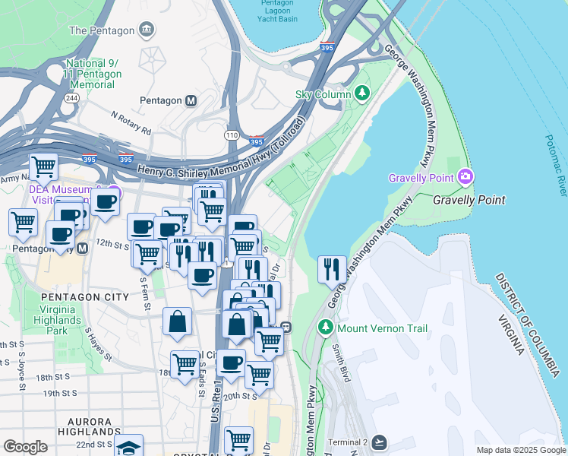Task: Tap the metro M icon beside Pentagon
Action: [191, 100]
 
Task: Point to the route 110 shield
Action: [232, 135]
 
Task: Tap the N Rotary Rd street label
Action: [131, 123]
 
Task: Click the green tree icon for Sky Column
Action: [363, 94]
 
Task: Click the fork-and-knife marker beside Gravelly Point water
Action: [332, 269]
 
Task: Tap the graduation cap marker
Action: [128, 445]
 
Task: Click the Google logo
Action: [25, 447]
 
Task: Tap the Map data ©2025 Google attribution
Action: [519, 450]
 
